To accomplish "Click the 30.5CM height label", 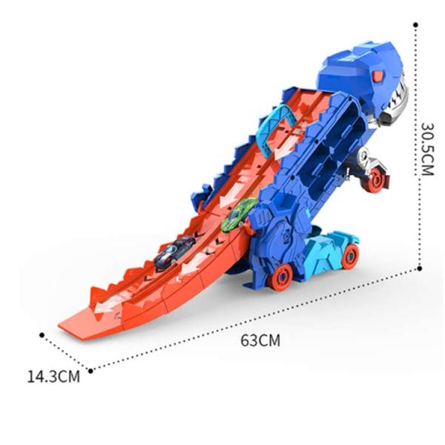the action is pos(427,149).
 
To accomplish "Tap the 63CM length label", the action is pos(260,340).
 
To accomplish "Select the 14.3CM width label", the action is pos(53,377).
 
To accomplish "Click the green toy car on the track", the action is pos(239,214).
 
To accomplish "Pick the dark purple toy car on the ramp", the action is pos(174,252).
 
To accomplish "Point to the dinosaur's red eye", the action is pos(378,76).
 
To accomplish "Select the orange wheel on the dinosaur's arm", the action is pos(375,179).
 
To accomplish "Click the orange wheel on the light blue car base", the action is pos(350,256).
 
